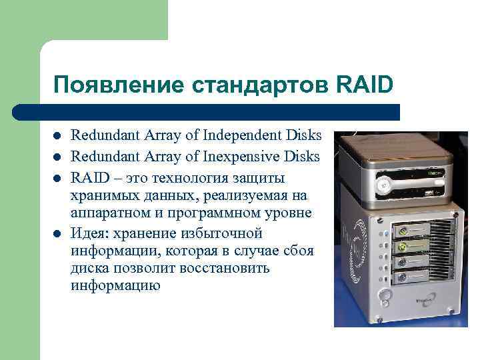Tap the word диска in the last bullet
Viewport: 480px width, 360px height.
point(89,268)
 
